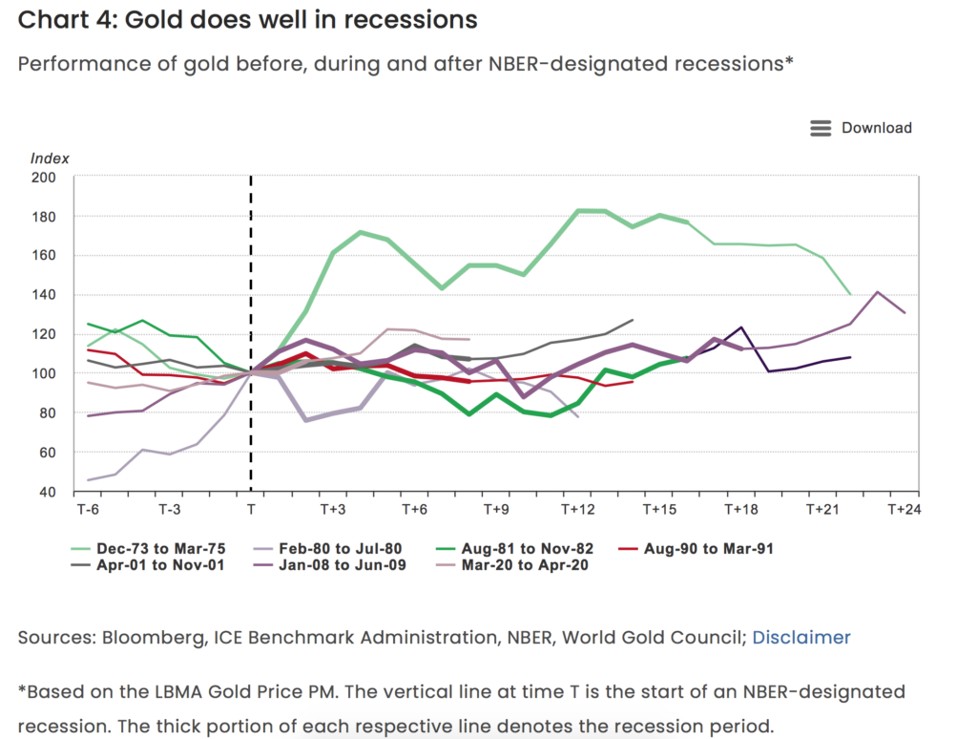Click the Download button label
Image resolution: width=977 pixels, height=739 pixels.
pyautogui.click(x=876, y=128)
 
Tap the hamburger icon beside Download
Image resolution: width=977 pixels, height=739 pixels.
pyautogui.click(x=821, y=128)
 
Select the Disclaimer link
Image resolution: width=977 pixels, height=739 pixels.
pyautogui.click(x=800, y=637)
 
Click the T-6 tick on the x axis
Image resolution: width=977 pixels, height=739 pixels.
pyautogui.click(x=87, y=510)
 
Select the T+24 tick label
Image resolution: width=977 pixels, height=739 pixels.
pyautogui.click(x=904, y=510)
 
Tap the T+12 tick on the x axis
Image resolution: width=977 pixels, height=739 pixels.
pyautogui.click(x=577, y=510)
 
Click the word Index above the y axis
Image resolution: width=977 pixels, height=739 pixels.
pyautogui.click(x=50, y=158)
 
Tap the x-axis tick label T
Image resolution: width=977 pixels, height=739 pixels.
pyautogui.click(x=251, y=510)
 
